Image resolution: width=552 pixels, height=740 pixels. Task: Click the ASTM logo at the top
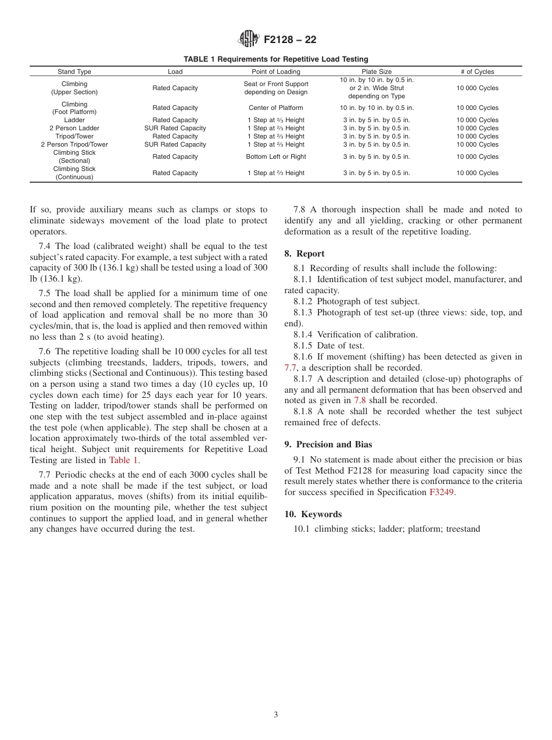point(248,40)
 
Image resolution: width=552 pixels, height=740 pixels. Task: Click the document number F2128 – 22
point(290,40)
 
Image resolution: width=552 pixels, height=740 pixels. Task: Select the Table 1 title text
point(275,59)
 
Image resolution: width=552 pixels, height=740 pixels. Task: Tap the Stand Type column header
point(74,72)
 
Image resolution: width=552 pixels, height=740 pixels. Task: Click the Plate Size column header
point(377,72)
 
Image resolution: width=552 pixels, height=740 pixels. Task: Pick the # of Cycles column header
point(477,72)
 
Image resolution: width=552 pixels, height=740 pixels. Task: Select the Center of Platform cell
point(276,108)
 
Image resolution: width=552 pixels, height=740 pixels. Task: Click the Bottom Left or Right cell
point(276,156)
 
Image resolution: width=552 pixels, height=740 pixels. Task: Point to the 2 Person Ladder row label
point(74,128)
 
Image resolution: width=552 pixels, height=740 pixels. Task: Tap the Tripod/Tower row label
point(74,136)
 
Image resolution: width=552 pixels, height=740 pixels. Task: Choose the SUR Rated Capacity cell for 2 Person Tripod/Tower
point(175,144)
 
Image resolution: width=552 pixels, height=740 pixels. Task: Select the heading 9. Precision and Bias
point(328,444)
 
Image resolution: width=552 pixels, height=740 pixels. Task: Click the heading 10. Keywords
point(313,514)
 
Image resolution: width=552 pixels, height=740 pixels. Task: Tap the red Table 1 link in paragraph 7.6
point(124,460)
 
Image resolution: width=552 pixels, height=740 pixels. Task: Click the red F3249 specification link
point(441,492)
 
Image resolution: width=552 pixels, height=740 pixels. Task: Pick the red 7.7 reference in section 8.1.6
point(291,368)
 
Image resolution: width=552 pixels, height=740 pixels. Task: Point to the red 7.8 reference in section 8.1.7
point(360,400)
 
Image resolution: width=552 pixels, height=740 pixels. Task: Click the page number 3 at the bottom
point(276,715)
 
